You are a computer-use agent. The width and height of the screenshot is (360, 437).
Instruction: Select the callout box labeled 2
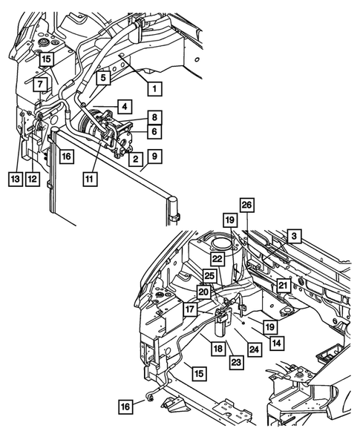point(135,158)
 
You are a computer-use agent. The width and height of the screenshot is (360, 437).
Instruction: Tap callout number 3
point(294,236)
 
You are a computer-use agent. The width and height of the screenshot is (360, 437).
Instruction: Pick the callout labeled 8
point(154,116)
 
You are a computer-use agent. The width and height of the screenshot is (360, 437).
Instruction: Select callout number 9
point(154,157)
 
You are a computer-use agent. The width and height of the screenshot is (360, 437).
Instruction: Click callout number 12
point(32,179)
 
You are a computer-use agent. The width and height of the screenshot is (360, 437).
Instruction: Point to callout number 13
point(16,179)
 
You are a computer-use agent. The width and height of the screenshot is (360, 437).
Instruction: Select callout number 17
point(191,309)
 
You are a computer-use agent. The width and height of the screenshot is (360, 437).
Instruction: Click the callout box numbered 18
point(218,348)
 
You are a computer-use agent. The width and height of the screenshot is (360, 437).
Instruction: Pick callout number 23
point(235,362)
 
